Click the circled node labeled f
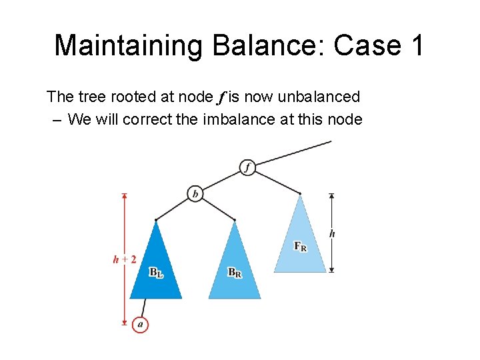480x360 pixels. [247, 167]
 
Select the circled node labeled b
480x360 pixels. [195, 193]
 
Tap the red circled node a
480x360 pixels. [140, 325]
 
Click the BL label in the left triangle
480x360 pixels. [155, 273]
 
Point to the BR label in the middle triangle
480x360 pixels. [234, 273]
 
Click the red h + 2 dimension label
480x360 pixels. [125, 259]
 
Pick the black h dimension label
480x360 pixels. [332, 233]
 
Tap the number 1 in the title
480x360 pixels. [415, 45]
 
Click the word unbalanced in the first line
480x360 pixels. [319, 97]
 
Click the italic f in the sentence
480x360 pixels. [221, 97]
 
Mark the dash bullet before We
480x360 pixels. [55, 120]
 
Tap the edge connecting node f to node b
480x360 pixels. [221, 180]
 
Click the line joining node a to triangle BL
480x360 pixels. [143, 307]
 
